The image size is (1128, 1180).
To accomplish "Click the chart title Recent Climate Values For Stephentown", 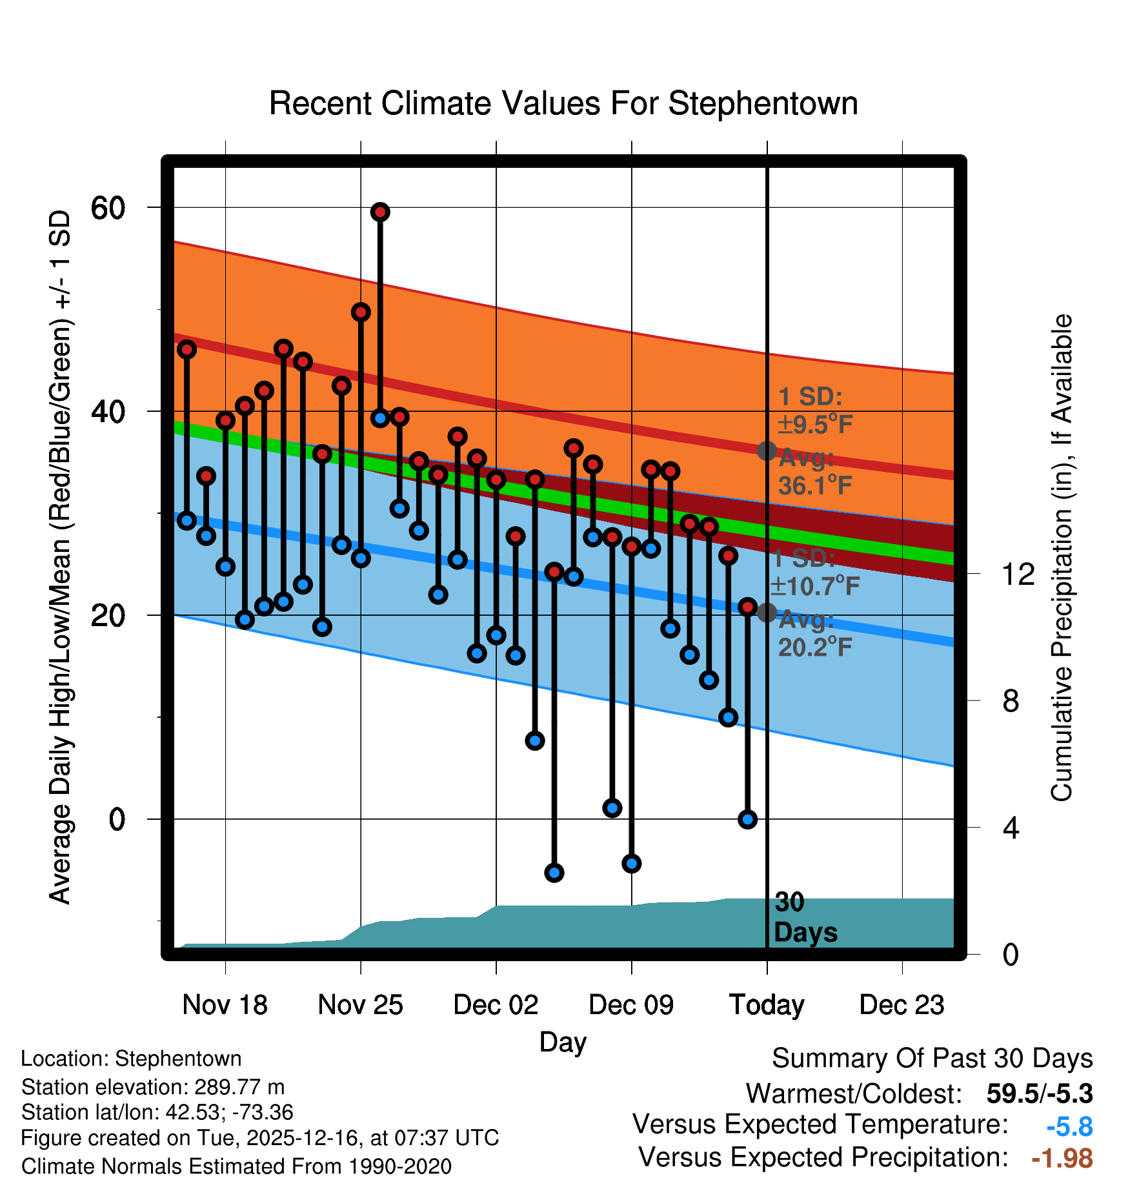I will (563, 103).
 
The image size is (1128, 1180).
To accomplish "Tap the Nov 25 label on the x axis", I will (360, 1005).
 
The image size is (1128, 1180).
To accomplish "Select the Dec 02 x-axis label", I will (496, 1005).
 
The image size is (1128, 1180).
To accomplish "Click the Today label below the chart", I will (767, 1005).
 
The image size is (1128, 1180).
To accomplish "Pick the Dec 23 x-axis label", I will (901, 1005).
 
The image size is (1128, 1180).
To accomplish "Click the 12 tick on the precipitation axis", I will (1018, 574).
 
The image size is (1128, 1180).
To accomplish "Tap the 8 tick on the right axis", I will (1011, 700).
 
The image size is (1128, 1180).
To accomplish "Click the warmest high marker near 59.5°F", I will (380, 212).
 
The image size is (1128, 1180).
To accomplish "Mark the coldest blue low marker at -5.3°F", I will (554, 873).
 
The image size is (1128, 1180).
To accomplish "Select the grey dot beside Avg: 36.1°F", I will (767, 451).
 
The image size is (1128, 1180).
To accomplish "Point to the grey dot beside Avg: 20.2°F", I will (767, 613).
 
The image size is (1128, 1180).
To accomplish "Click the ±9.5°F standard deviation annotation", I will (814, 424).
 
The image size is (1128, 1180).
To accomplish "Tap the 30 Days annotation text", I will (805, 917).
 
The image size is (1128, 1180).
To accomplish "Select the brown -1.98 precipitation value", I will (1062, 1158).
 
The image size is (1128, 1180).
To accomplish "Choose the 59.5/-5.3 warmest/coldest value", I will (1040, 1094).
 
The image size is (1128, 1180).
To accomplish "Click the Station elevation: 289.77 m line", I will (153, 1087).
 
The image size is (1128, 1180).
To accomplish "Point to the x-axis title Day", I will (563, 1042).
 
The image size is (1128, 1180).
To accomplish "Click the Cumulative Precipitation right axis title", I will (1062, 558).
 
